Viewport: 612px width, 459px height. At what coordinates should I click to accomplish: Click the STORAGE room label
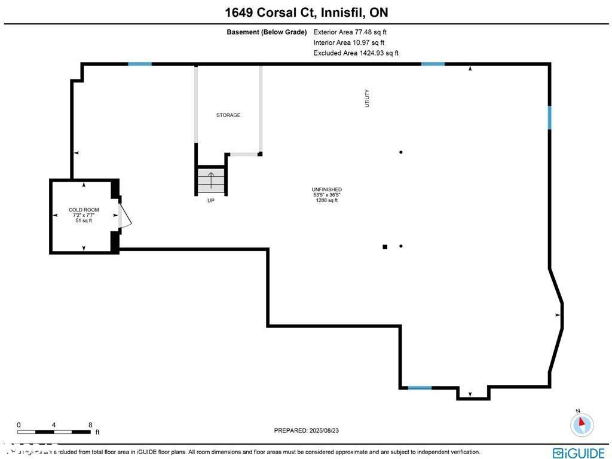(228, 115)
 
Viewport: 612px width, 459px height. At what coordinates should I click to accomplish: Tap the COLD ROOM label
(84, 210)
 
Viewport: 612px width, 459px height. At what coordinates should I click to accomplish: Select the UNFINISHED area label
(326, 189)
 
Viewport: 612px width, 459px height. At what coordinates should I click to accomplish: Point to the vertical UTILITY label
(368, 98)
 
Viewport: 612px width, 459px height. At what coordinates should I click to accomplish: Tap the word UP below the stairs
(210, 201)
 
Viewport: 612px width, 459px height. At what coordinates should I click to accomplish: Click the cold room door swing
(125, 216)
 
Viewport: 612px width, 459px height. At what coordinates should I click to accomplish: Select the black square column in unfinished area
(385, 246)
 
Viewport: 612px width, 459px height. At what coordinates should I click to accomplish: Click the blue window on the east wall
(549, 118)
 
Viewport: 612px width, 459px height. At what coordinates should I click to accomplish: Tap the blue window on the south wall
(420, 388)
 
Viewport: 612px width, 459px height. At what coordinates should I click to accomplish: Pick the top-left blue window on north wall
(140, 63)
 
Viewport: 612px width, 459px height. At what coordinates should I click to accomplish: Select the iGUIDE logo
(579, 452)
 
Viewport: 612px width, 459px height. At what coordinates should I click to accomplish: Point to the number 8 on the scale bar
(90, 425)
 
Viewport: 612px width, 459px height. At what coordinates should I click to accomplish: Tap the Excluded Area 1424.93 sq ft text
(356, 53)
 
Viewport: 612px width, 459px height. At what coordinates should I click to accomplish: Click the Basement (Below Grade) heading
(267, 32)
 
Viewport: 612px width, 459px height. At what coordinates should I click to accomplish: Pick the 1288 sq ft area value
(326, 200)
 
